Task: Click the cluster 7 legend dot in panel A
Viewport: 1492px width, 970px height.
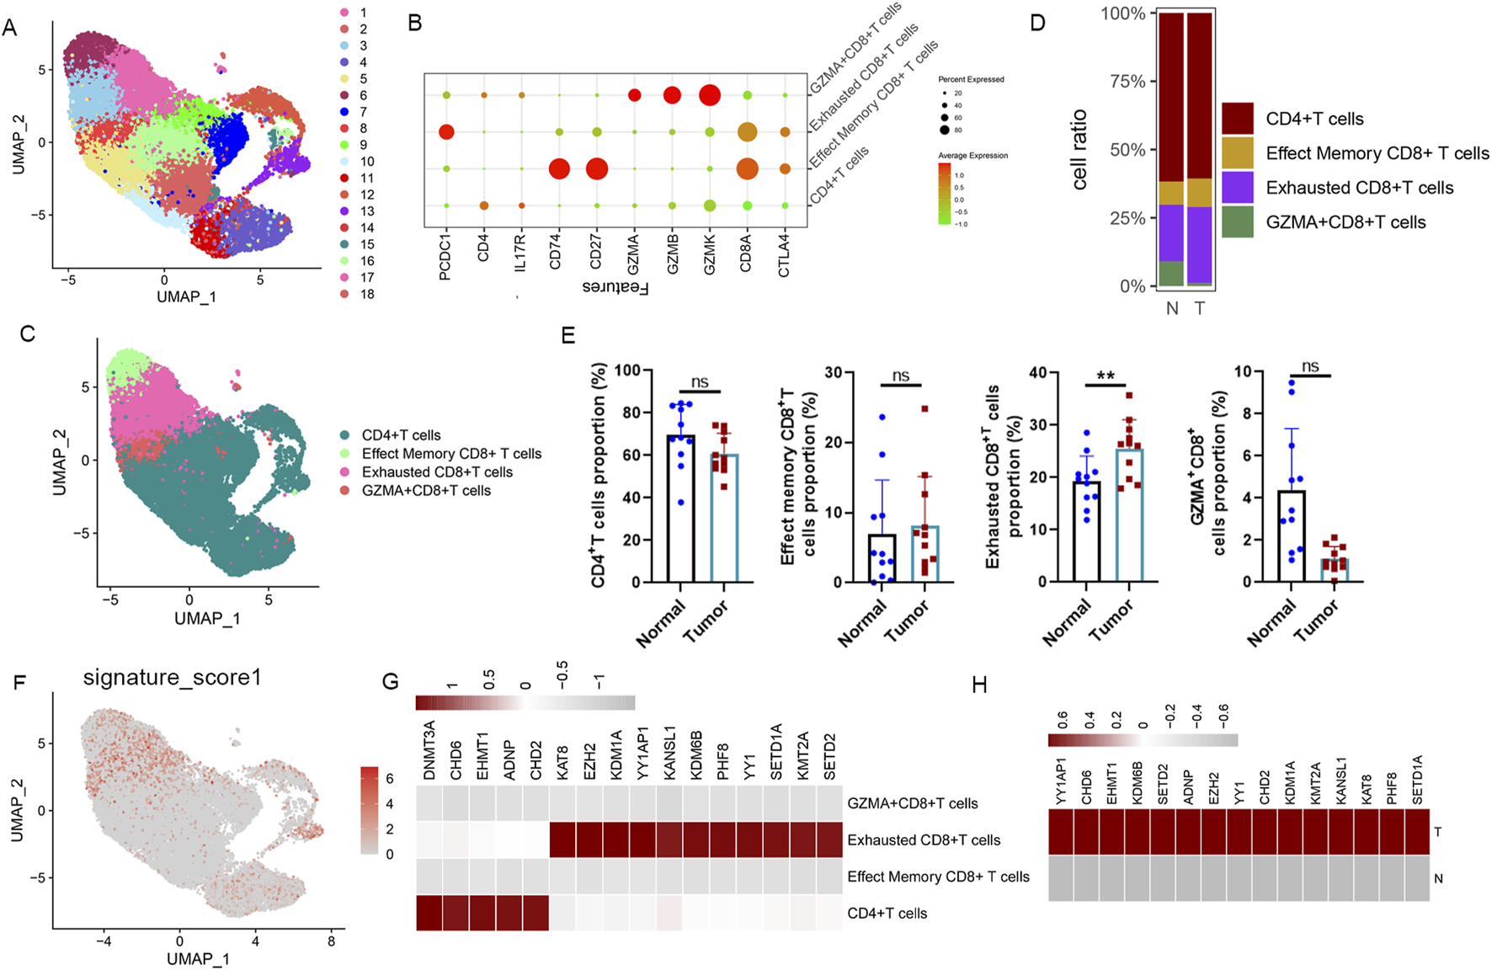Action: [x=344, y=112]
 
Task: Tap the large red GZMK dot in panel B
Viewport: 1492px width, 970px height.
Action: [x=710, y=95]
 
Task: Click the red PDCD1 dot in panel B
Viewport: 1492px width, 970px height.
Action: [x=446, y=132]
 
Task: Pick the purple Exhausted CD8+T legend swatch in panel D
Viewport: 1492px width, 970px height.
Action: [x=1238, y=187]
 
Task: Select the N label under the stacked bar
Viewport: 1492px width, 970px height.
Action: [x=1172, y=308]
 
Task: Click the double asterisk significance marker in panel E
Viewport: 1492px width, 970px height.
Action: [x=1105, y=376]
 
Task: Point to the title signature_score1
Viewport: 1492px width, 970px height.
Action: [x=172, y=678]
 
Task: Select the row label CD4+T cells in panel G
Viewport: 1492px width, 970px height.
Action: [x=887, y=914]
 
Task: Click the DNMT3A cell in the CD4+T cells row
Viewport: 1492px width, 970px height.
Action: [x=429, y=914]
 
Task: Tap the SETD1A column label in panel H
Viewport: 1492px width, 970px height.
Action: [x=1417, y=780]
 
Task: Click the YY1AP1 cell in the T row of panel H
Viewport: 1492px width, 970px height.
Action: [x=1061, y=832]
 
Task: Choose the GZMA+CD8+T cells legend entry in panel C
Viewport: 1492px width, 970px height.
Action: [x=426, y=490]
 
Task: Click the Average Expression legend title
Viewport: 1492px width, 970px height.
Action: [x=972, y=156]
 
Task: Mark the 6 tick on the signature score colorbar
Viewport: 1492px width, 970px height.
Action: [x=390, y=779]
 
